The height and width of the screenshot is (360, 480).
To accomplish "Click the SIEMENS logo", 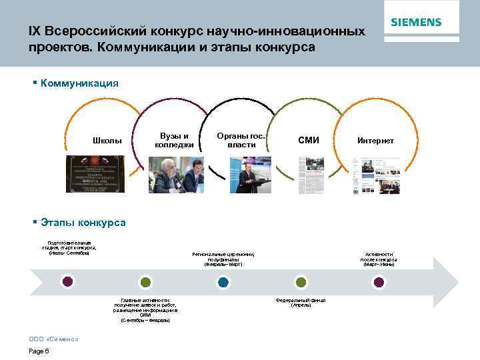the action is pyautogui.click(x=416, y=22).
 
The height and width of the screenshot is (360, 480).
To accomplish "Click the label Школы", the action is pyautogui.click(x=107, y=141).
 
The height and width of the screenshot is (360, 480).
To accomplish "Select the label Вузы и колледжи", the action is pyautogui.click(x=174, y=140).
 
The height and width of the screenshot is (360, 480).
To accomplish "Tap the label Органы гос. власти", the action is pyautogui.click(x=241, y=140).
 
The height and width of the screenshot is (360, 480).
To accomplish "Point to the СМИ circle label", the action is pyautogui.click(x=309, y=140).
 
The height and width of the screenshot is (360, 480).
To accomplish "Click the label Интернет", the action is pyautogui.click(x=375, y=141).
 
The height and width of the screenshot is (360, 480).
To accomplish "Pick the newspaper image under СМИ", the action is pyautogui.click(x=309, y=175).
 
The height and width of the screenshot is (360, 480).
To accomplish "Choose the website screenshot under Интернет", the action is pyautogui.click(x=376, y=175).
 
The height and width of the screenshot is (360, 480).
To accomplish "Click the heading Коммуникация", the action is pyautogui.click(x=79, y=83).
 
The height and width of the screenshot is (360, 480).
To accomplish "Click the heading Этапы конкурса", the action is pyautogui.click(x=83, y=222).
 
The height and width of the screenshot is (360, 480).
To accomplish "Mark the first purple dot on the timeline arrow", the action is pyautogui.click(x=67, y=281).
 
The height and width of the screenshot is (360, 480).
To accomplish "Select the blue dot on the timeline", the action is pyautogui.click(x=223, y=282).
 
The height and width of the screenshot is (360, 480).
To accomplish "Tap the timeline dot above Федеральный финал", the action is pyautogui.click(x=301, y=282).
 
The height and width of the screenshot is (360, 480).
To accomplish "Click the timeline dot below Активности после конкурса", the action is pyautogui.click(x=379, y=282).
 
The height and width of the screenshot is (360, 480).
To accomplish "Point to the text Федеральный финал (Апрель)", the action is pyautogui.click(x=301, y=303).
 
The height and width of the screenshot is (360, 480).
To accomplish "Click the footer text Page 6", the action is pyautogui.click(x=39, y=351).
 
